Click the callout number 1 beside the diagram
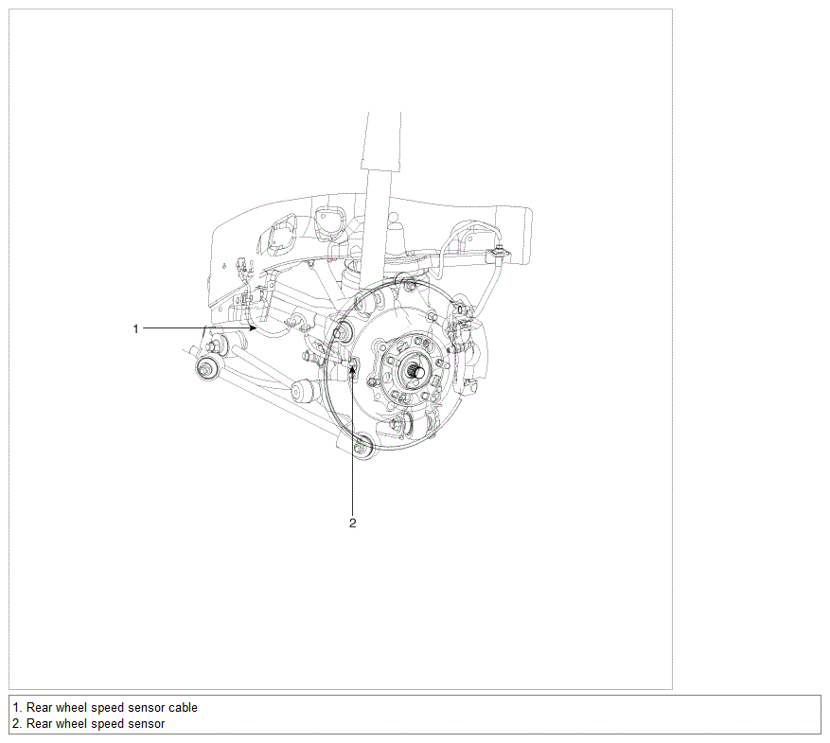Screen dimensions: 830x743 135,328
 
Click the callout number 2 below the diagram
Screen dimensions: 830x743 353,522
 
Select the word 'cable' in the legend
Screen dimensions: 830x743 183,708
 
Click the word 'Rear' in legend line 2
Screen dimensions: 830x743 39,723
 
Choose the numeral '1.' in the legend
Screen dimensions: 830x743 17,708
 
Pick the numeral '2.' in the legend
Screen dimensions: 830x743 17,723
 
